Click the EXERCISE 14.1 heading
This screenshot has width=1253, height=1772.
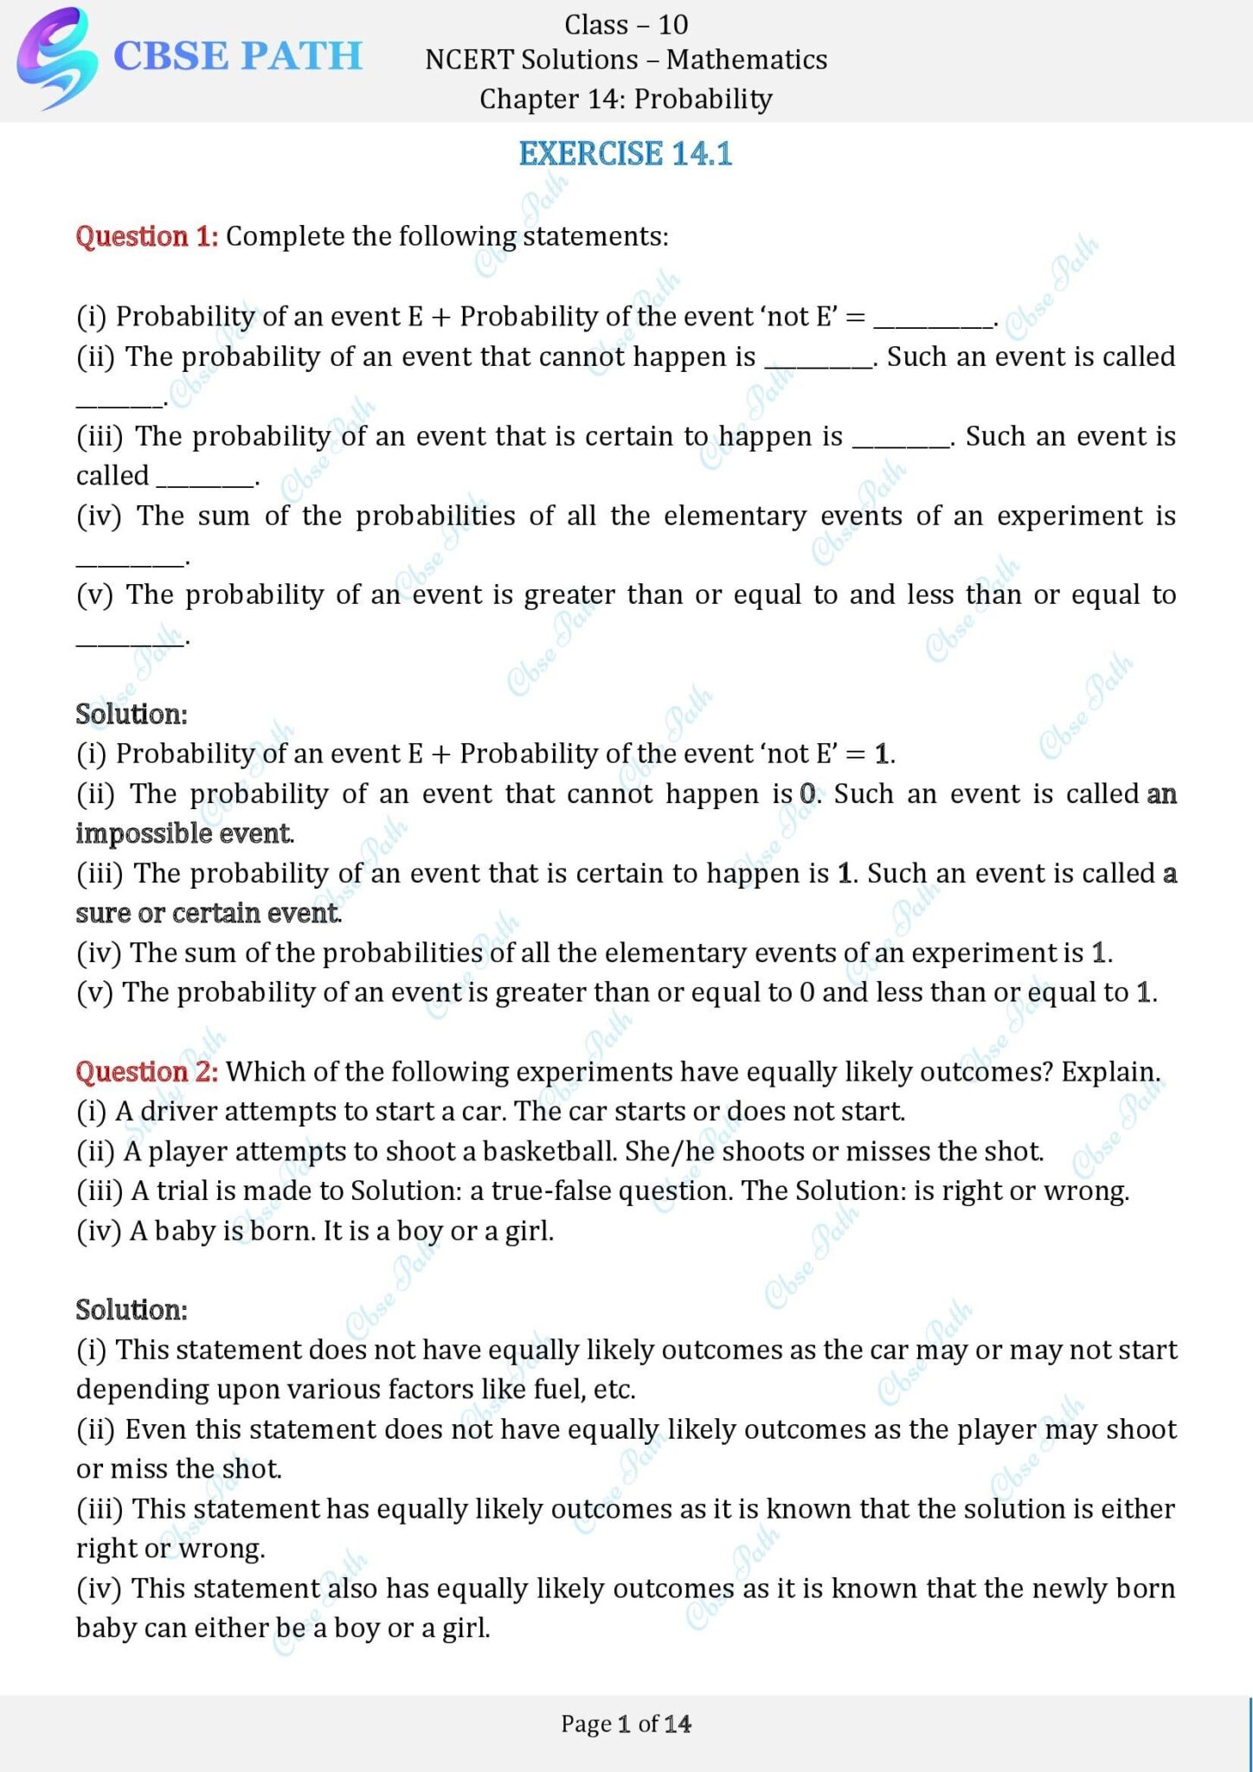tap(626, 154)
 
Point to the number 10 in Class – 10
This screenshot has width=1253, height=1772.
tap(672, 25)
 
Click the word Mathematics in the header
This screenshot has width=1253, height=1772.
tap(747, 60)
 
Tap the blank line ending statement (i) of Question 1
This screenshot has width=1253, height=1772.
tap(933, 322)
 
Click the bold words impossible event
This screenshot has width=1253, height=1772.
tap(184, 834)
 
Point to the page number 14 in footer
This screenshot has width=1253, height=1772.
tap(678, 1724)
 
